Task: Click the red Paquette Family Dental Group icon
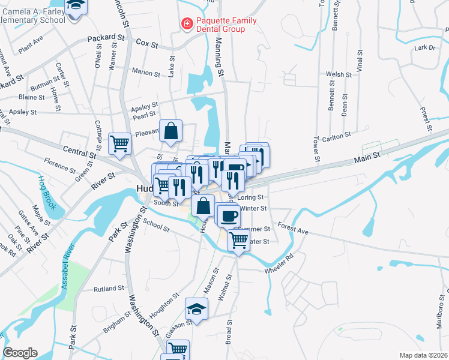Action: click(x=187, y=24)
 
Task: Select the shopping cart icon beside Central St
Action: click(x=119, y=143)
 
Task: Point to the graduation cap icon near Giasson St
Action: click(x=196, y=309)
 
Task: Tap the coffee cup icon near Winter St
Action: click(x=228, y=215)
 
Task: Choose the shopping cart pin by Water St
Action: click(x=239, y=241)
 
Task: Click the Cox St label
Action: click(x=146, y=43)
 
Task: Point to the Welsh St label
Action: click(x=339, y=74)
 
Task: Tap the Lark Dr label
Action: click(x=424, y=47)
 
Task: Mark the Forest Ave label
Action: click(x=292, y=229)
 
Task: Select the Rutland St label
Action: click(x=109, y=289)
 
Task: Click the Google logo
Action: click(x=20, y=353)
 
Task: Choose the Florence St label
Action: click(x=59, y=163)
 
